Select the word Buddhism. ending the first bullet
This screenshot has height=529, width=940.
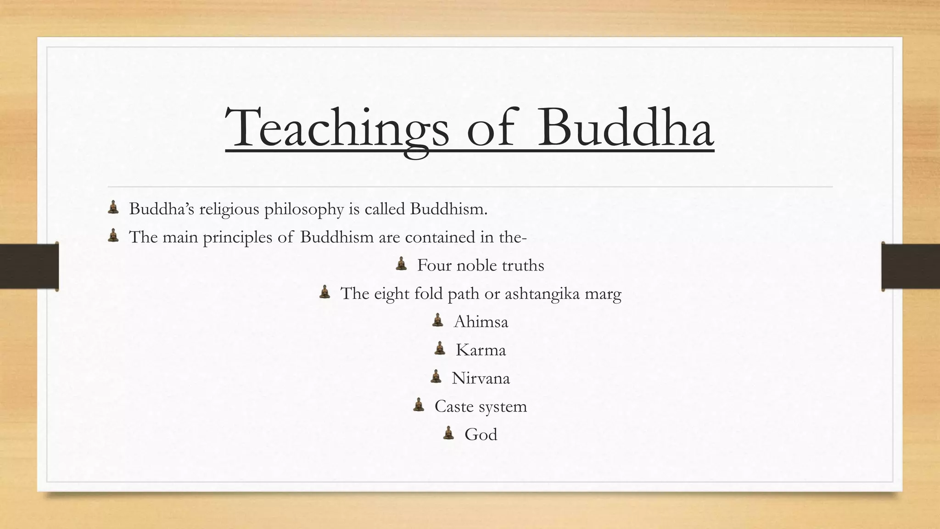tap(448, 209)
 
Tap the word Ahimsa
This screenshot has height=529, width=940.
tap(481, 322)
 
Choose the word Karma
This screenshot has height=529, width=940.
tap(481, 350)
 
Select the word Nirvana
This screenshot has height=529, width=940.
tap(481, 378)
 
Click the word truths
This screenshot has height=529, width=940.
tap(523, 265)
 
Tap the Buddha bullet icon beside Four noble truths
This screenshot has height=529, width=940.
tap(401, 264)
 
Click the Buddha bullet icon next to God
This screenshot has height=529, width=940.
tap(448, 433)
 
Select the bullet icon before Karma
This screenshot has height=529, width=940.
tap(440, 349)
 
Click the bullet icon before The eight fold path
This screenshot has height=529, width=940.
tap(325, 292)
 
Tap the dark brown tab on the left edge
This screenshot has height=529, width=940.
tap(29, 266)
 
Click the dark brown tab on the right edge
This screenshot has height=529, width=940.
tap(911, 266)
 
